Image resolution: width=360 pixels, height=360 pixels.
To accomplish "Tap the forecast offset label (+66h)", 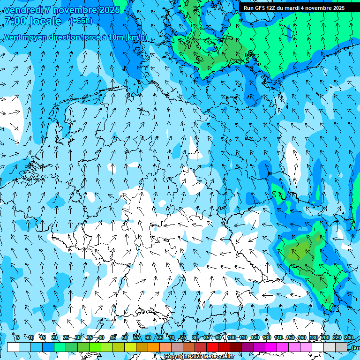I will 82,21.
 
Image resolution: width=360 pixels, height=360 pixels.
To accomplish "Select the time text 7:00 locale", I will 33,21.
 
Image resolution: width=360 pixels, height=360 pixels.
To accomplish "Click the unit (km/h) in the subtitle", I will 136,37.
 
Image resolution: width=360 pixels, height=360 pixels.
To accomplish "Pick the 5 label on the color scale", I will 18,337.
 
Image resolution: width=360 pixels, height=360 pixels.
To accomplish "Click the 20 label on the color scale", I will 54,337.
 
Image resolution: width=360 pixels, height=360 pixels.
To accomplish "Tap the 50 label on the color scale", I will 125,337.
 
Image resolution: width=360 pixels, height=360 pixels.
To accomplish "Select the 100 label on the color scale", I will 232,337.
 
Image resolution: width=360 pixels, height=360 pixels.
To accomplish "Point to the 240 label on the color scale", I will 349,337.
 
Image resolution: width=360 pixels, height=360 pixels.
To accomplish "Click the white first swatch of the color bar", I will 13,347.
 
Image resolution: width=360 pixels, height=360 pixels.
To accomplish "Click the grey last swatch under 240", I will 341,347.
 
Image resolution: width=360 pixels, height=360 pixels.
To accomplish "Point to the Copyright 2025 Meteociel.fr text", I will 199,357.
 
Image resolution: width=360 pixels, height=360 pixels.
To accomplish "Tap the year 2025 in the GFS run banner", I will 337,8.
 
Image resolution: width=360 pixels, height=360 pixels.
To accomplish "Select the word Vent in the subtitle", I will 13,37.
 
